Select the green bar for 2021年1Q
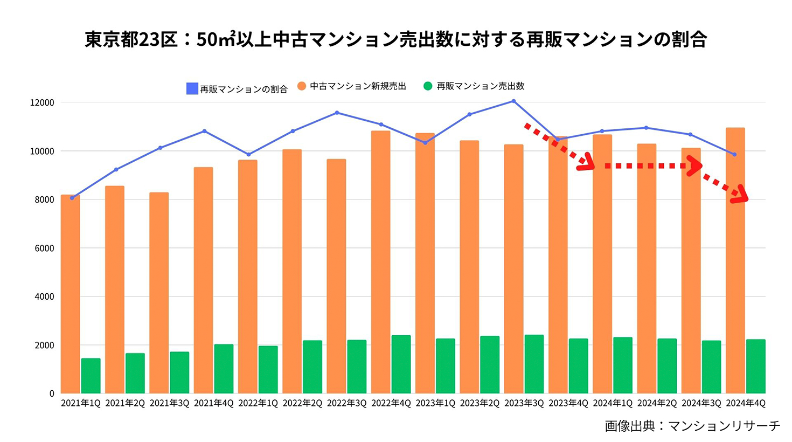click(x=91, y=376)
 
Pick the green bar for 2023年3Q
click(x=534, y=364)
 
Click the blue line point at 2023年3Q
click(x=513, y=101)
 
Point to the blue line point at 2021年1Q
click(x=72, y=198)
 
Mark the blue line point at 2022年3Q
click(x=337, y=113)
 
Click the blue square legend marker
click(x=192, y=88)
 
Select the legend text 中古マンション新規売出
click(x=358, y=86)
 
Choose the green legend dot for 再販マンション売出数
click(x=428, y=86)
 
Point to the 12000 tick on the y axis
click(x=41, y=103)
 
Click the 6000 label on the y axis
click(x=44, y=248)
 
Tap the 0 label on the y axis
click(x=52, y=393)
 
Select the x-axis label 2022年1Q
click(x=258, y=403)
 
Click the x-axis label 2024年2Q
click(x=657, y=403)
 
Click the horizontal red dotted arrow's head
click(x=696, y=166)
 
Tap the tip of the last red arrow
click(x=746, y=199)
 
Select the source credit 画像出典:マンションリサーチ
click(x=692, y=426)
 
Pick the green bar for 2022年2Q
click(x=312, y=367)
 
